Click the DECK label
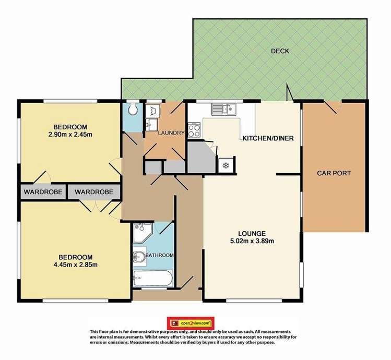(x=280, y=51)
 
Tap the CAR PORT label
(x=334, y=173)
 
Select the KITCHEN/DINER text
(x=268, y=138)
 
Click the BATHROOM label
(x=159, y=255)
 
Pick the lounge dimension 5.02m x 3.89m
(x=252, y=241)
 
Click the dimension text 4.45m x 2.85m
(x=75, y=265)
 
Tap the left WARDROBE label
(x=42, y=192)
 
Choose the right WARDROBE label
(x=94, y=192)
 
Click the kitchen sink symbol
(x=223, y=109)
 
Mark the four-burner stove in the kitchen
(x=194, y=129)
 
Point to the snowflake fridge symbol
(x=226, y=165)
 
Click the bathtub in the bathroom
(x=151, y=278)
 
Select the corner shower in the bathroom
(x=141, y=233)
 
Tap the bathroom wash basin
(x=139, y=257)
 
